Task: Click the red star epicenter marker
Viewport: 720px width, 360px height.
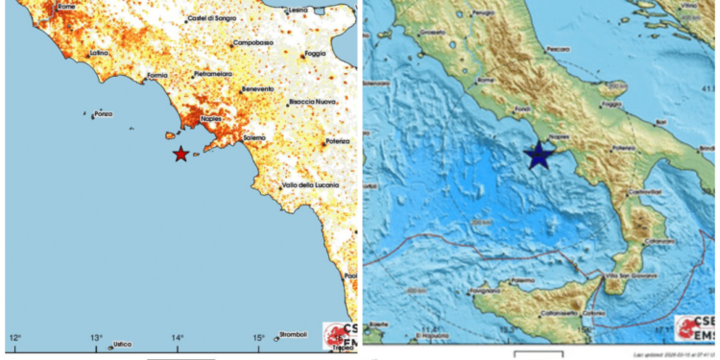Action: click(x=180, y=154)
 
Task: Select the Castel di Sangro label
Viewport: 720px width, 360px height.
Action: click(x=212, y=17)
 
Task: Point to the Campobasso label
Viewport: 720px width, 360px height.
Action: click(x=252, y=44)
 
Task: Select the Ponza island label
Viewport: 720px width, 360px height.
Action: click(x=104, y=114)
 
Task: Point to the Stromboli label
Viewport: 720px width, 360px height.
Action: click(x=291, y=334)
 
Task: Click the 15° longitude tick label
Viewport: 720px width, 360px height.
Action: click(x=258, y=336)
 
